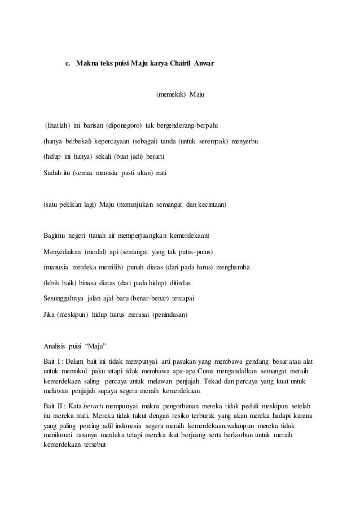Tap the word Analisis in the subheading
tap(56, 345)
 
